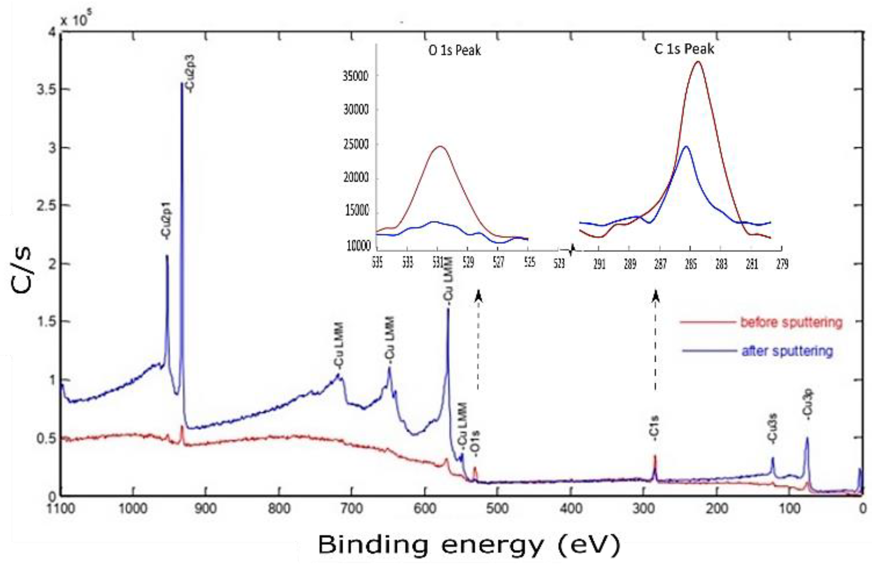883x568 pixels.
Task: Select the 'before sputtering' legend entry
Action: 791,322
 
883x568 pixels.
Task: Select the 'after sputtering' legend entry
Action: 787,351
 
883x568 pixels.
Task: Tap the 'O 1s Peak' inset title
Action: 455,50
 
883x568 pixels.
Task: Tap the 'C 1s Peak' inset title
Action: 684,49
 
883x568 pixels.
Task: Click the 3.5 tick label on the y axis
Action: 48,90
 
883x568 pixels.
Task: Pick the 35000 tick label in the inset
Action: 355,76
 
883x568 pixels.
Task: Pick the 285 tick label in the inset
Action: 691,264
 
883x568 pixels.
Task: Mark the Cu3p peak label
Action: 808,405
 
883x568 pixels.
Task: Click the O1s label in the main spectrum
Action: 476,443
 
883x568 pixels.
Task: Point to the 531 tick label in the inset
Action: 437,263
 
